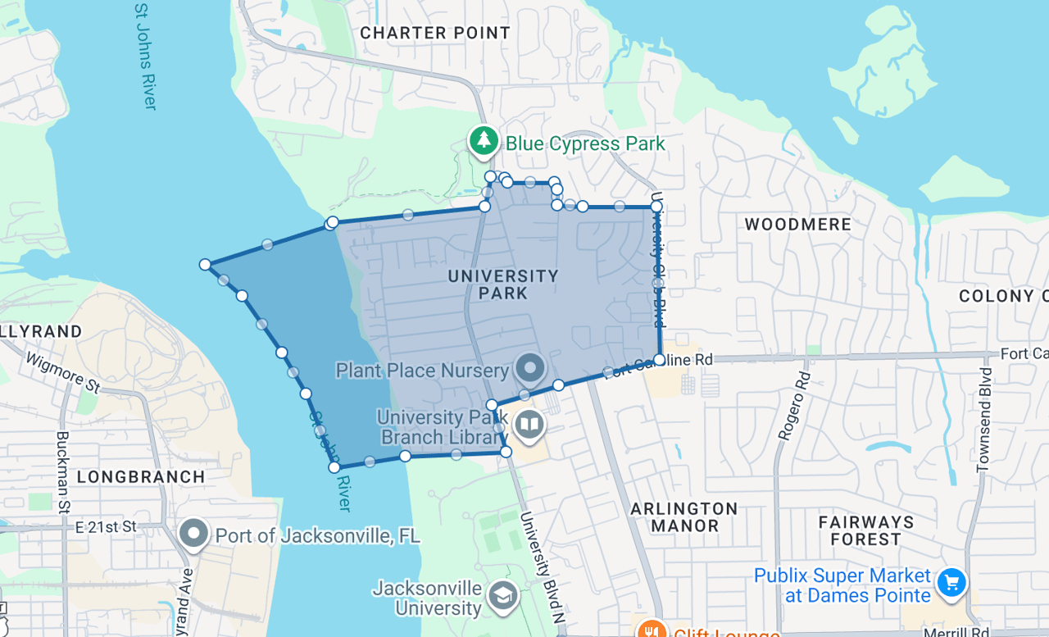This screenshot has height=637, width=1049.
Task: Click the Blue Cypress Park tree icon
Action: click(x=484, y=141)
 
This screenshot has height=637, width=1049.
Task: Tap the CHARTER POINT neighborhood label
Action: click(x=435, y=33)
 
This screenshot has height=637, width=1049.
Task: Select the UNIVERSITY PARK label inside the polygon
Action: click(x=503, y=284)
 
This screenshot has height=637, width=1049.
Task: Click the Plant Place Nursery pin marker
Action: click(x=530, y=367)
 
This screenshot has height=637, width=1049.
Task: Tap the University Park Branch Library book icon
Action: click(x=530, y=425)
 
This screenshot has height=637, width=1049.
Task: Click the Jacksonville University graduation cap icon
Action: click(x=502, y=597)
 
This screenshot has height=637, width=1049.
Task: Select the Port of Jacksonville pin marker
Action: click(x=194, y=534)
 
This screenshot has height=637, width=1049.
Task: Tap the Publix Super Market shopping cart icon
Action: click(x=951, y=584)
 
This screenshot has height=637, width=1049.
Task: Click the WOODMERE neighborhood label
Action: click(x=797, y=224)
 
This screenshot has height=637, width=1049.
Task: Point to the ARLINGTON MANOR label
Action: click(x=684, y=517)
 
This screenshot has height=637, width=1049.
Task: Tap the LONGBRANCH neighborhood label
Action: click(x=141, y=476)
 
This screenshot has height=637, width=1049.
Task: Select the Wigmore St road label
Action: click(x=61, y=372)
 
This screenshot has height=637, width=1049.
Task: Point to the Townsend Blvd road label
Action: click(x=985, y=420)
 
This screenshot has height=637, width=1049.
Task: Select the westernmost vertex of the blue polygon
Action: click(x=205, y=264)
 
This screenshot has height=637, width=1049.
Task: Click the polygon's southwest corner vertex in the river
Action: click(x=334, y=467)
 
